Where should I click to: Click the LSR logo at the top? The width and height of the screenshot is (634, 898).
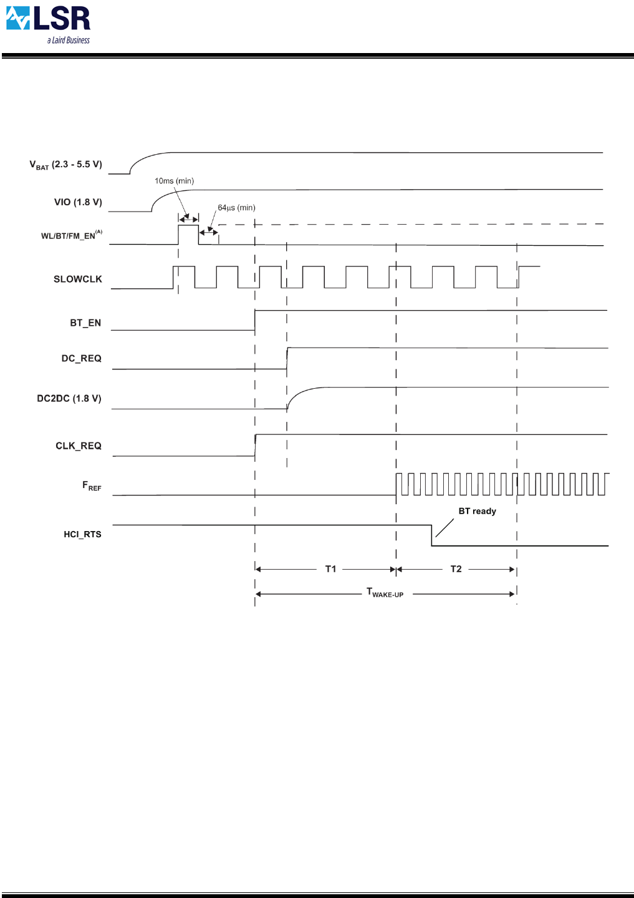pyautogui.click(x=48, y=20)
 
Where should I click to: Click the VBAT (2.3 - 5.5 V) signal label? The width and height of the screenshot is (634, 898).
pyautogui.click(x=65, y=165)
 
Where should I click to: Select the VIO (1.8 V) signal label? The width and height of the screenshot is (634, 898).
pyautogui.click(x=78, y=202)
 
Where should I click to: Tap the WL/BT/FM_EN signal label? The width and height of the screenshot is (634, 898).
pyautogui.click(x=71, y=235)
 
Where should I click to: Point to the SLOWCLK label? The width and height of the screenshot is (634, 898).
pyautogui.click(x=77, y=279)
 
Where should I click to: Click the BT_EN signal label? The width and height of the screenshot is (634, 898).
pyautogui.click(x=85, y=323)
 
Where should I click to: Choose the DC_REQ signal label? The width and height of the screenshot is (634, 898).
pyautogui.click(x=81, y=358)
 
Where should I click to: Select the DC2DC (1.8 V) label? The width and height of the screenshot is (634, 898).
pyautogui.click(x=69, y=398)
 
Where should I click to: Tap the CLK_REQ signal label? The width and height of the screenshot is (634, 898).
pyautogui.click(x=78, y=446)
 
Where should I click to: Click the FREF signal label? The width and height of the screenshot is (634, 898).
pyautogui.click(x=92, y=486)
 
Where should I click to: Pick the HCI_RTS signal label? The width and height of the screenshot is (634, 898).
pyautogui.click(x=82, y=534)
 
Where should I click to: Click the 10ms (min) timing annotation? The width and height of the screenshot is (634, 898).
pyautogui.click(x=174, y=181)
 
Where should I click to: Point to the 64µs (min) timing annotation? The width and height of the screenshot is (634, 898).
pyautogui.click(x=236, y=208)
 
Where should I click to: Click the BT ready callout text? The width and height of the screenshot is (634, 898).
pyautogui.click(x=477, y=511)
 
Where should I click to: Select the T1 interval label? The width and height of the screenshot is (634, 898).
pyautogui.click(x=330, y=569)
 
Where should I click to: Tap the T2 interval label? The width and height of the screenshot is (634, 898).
pyautogui.click(x=456, y=569)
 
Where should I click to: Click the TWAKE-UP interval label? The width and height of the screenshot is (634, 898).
pyautogui.click(x=385, y=592)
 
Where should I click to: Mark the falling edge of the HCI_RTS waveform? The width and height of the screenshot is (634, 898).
pyautogui.click(x=431, y=535)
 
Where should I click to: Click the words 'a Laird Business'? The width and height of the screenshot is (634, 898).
pyautogui.click(x=69, y=41)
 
